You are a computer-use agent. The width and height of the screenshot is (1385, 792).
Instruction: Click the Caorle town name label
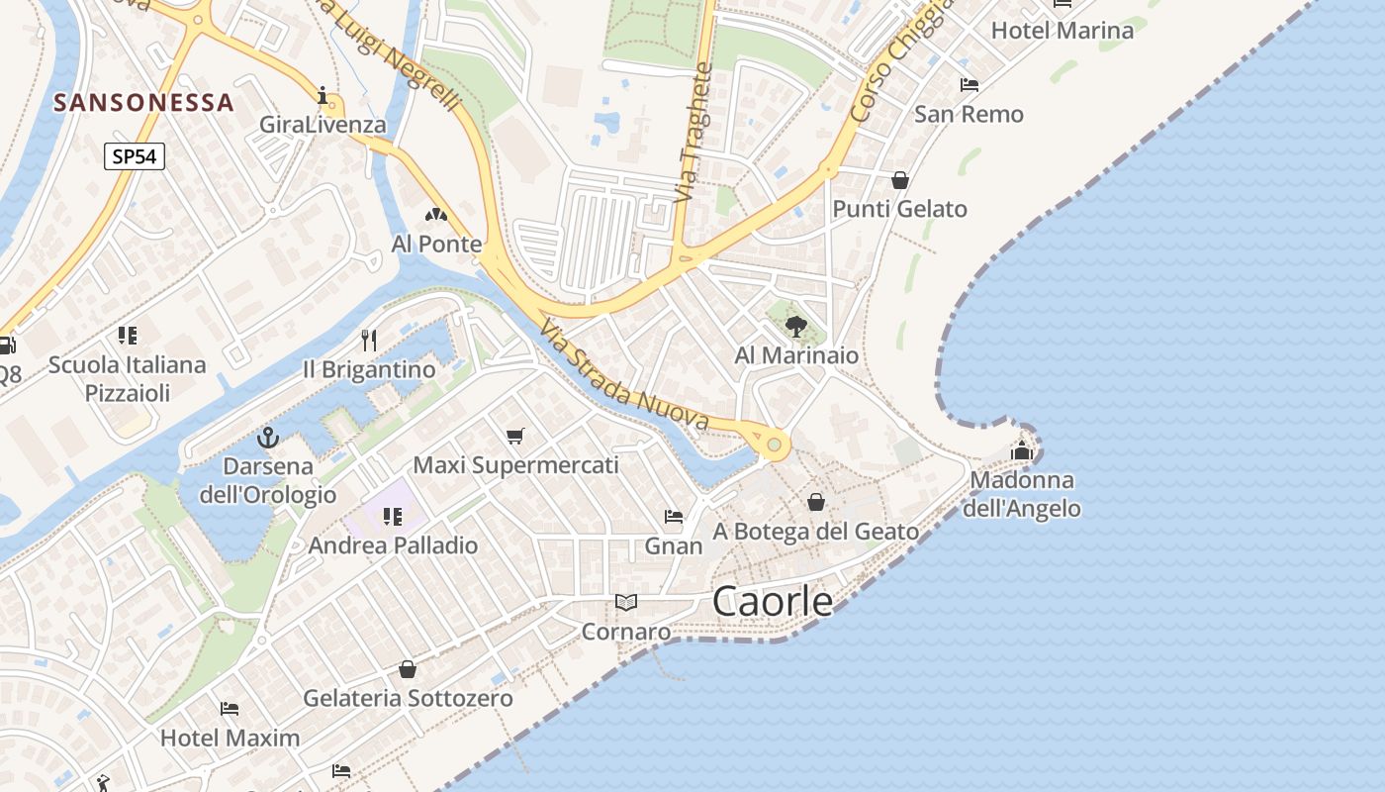click(x=773, y=601)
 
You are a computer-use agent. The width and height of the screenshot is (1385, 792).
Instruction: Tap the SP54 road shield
click(x=134, y=155)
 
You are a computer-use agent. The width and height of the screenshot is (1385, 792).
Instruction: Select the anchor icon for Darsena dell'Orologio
click(x=267, y=437)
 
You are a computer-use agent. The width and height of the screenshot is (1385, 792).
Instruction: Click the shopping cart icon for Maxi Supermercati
click(x=514, y=436)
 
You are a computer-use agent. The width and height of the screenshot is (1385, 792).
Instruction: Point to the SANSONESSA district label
click(x=143, y=102)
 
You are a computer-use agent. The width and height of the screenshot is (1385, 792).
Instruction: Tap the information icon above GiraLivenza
click(x=323, y=95)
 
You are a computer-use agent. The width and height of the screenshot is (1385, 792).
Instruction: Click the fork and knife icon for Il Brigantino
click(x=369, y=341)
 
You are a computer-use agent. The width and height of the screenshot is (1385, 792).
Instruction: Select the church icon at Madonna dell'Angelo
click(x=1022, y=450)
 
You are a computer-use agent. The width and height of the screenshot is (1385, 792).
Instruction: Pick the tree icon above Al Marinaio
click(x=795, y=326)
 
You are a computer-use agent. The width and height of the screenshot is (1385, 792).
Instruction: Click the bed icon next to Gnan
click(x=674, y=517)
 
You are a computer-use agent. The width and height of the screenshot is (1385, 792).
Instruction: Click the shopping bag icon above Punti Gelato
click(x=900, y=180)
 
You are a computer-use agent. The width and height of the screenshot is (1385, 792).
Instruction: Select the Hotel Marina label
click(x=1062, y=30)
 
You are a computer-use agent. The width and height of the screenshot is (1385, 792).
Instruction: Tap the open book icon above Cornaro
click(x=625, y=602)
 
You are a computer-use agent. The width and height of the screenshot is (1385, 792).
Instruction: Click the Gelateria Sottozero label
click(x=408, y=698)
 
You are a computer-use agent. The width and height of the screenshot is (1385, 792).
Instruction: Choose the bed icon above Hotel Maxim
click(x=230, y=709)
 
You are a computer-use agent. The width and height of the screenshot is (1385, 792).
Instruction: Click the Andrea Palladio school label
click(x=393, y=545)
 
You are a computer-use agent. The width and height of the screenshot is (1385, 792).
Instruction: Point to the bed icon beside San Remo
click(x=969, y=85)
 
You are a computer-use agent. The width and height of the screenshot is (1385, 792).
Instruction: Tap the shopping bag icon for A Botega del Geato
click(x=816, y=502)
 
